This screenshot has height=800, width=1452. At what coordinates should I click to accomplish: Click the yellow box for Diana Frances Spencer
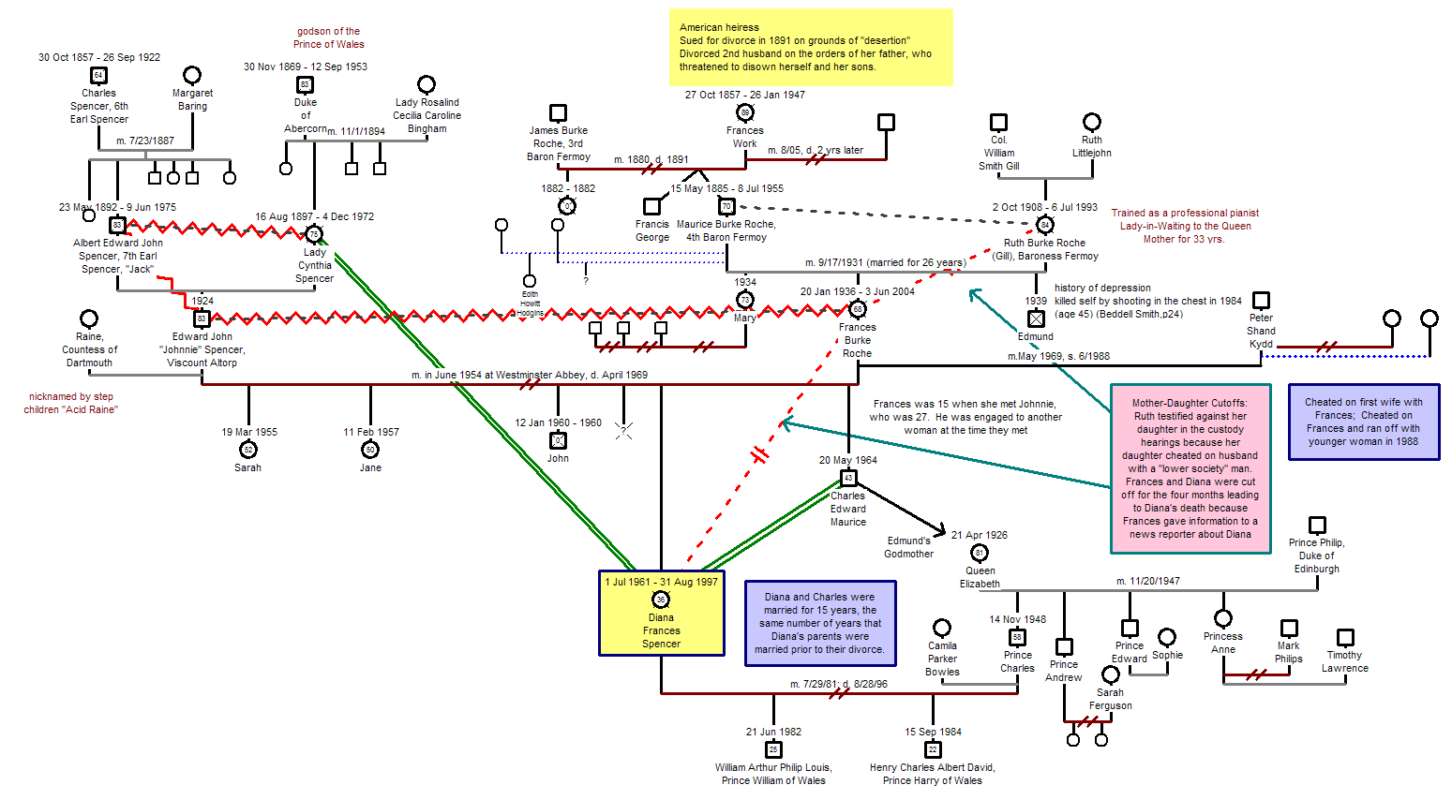(x=661, y=613)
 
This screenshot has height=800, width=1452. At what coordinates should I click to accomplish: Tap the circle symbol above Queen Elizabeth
(x=979, y=553)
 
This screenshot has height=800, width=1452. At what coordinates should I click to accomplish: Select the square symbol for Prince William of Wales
(x=773, y=749)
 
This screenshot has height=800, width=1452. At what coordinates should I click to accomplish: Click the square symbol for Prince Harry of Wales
(x=933, y=749)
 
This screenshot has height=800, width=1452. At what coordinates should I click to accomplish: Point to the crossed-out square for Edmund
(x=1036, y=319)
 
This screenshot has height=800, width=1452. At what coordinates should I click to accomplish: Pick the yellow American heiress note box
(x=810, y=48)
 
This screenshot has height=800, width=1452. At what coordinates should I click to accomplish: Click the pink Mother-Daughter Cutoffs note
(x=1190, y=468)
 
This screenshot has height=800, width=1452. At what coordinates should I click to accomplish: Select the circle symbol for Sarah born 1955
(x=248, y=450)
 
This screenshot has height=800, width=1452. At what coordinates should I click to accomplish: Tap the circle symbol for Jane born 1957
(x=370, y=450)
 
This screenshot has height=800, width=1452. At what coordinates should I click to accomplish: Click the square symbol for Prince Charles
(x=1017, y=637)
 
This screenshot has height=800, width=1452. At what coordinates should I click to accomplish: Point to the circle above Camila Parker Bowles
(x=942, y=628)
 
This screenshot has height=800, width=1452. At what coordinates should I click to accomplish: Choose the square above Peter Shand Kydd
(x=1262, y=300)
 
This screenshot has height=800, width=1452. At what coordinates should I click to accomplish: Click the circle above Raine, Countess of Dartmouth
(x=89, y=319)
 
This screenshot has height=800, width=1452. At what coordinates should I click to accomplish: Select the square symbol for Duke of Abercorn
(x=305, y=84)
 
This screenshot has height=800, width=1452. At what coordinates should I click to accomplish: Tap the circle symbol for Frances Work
(x=745, y=112)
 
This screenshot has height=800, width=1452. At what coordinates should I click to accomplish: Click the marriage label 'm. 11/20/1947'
(x=1147, y=581)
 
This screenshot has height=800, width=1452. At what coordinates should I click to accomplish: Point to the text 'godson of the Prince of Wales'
(x=328, y=37)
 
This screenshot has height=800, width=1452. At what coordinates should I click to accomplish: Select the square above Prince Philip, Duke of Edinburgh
(x=1317, y=525)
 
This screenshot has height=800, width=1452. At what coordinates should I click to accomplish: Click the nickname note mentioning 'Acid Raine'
(x=71, y=403)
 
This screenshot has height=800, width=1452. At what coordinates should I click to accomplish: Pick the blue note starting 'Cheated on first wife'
(x=1363, y=422)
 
